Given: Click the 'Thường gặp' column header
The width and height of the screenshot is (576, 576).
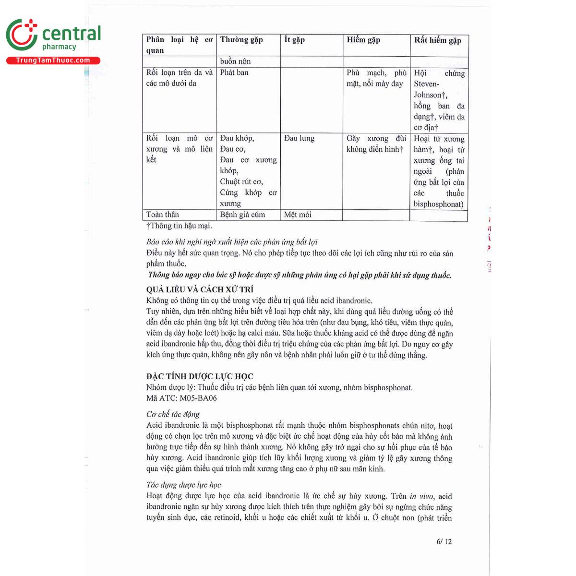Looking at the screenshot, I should click(241, 40).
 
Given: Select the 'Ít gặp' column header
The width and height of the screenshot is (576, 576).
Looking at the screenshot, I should click(294, 40).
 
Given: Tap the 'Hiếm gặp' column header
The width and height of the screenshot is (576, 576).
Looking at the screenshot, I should click(363, 40).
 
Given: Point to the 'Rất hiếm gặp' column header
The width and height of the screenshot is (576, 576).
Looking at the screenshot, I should click(437, 40).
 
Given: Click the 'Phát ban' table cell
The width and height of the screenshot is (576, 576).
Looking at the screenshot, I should click(234, 72).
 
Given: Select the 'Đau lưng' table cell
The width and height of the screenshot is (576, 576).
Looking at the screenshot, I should click(299, 138).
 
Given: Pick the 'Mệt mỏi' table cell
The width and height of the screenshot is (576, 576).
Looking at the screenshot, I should click(298, 215).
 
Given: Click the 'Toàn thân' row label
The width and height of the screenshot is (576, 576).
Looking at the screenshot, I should click(163, 215).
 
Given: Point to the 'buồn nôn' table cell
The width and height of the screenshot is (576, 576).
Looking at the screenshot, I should click(235, 61).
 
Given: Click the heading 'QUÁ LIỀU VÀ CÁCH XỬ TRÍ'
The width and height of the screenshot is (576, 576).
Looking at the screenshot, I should click(200, 289).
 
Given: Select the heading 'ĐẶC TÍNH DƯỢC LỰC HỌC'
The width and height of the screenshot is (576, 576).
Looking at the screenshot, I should click(200, 376).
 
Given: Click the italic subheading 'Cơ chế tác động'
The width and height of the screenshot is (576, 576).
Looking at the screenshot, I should click(173, 414).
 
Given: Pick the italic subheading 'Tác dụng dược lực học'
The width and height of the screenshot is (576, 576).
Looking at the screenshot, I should click(183, 485).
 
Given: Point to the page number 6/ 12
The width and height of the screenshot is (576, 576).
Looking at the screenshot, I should click(444, 541).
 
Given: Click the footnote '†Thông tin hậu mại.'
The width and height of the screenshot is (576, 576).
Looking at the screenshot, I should click(179, 226).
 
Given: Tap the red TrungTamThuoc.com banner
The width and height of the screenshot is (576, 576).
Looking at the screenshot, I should click(53, 60).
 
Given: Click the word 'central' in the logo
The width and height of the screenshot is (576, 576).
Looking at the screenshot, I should click(72, 34).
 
